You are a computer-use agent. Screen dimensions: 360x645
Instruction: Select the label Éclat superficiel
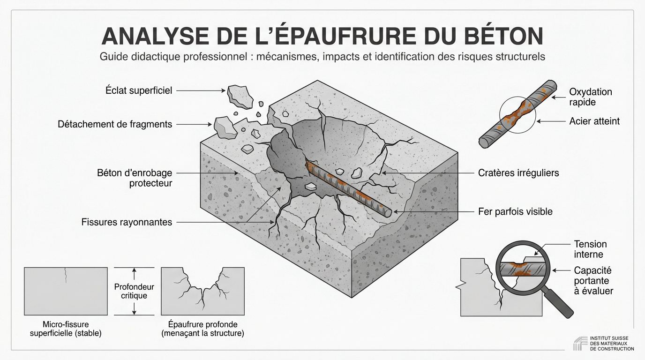139,90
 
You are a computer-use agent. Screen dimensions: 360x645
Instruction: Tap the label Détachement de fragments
115,124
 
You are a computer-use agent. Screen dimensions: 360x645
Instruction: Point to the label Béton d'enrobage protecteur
135,178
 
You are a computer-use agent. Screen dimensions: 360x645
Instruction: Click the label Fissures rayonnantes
127,222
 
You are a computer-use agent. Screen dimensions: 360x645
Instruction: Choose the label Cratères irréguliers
518,173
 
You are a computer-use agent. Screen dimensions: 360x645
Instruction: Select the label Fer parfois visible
515,211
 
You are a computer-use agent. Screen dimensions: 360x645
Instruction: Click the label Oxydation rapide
590,97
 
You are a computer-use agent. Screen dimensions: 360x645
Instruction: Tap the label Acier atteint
594,121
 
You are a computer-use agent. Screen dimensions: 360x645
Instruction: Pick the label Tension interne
590,249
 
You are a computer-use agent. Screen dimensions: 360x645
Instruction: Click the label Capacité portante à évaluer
593,281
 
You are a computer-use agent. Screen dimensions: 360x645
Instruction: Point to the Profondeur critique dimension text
134,291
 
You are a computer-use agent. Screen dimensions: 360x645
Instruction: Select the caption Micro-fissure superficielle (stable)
66,329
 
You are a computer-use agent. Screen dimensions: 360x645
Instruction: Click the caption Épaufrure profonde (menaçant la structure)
202,329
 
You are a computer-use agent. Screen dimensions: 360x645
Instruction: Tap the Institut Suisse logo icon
580,343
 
